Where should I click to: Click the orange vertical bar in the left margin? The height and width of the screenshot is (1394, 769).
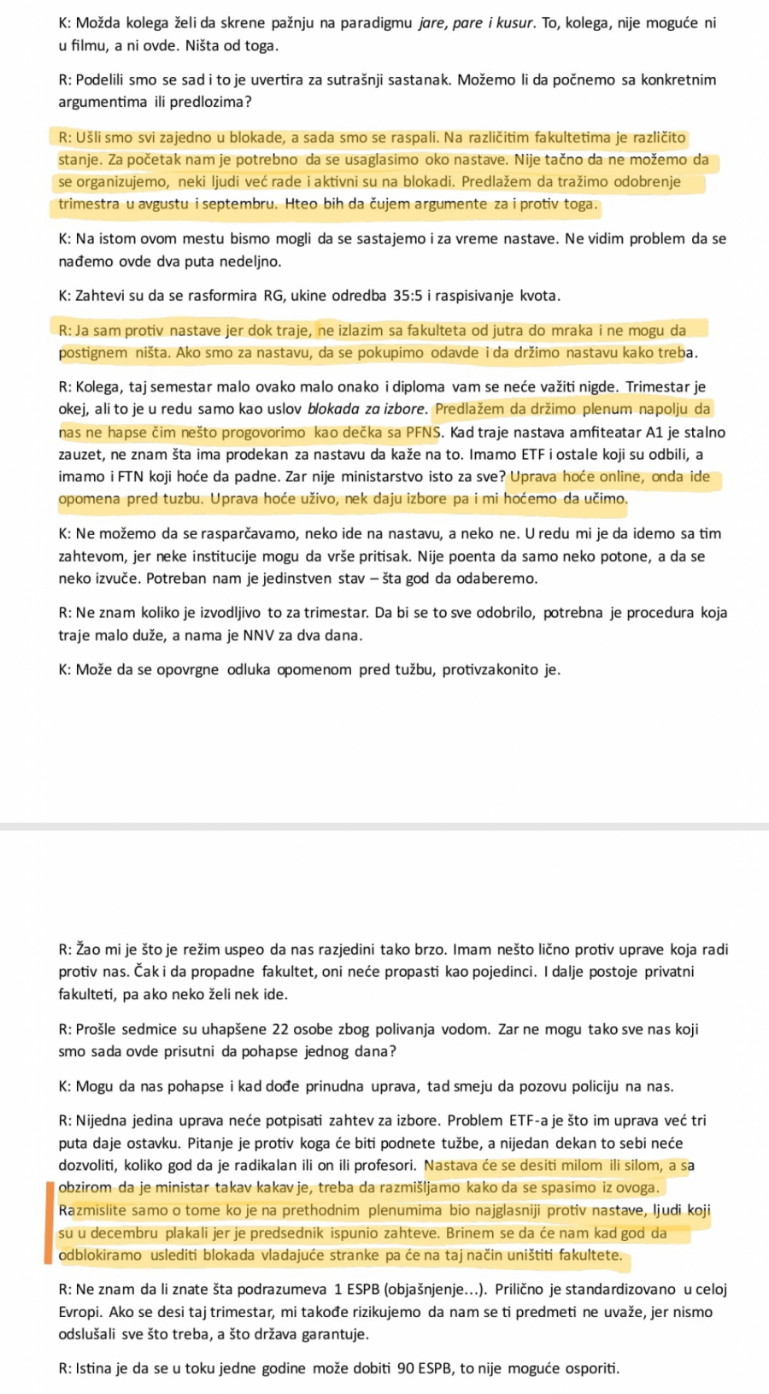(x=49, y=1221)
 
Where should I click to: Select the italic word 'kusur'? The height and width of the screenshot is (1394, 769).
(x=514, y=23)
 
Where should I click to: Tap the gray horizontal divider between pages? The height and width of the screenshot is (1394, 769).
(x=384, y=826)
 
